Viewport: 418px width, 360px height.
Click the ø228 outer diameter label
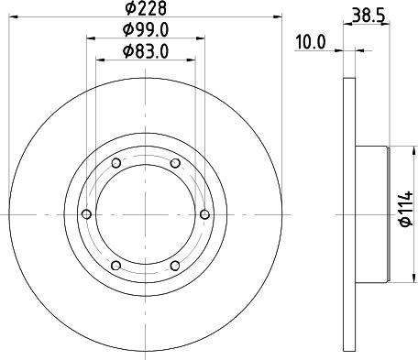pyautogui.click(x=145, y=10)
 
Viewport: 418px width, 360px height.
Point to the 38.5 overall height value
pyautogui.click(x=368, y=14)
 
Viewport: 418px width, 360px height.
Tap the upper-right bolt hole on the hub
pyautogui.click(x=174, y=163)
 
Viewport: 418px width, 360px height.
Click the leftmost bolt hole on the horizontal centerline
pyautogui.click(x=86, y=214)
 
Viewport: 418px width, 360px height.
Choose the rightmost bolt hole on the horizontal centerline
pyautogui.click(x=203, y=214)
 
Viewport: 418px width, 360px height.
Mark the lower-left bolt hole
pyautogui.click(x=115, y=266)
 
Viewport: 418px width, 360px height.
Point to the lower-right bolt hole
pyautogui.click(x=174, y=266)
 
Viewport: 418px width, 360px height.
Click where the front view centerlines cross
pyautogui.click(x=145, y=214)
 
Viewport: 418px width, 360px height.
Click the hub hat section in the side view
pyautogui.click(x=370, y=214)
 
